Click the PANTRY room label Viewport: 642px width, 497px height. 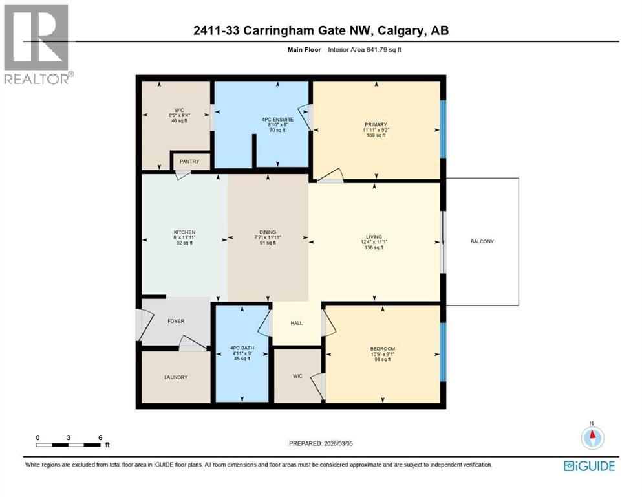tap(189, 161)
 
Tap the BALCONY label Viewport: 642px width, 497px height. tap(482, 241)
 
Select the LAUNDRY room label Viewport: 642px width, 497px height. tap(176, 377)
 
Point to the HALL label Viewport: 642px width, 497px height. tap(297, 323)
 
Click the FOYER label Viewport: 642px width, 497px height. tap(176, 321)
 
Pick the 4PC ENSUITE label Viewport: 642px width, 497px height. tap(277, 120)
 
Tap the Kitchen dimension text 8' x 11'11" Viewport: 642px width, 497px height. tap(185, 237)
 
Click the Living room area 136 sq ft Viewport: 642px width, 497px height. tap(374, 247)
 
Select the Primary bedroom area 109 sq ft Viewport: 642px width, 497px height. tap(376, 135)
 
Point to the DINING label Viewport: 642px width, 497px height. tap(268, 232)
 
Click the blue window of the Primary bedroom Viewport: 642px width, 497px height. tap(443, 129)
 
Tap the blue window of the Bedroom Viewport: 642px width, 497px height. tap(443, 352)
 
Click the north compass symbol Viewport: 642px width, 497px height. tap(592, 436)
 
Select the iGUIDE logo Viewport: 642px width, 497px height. tap(589, 466)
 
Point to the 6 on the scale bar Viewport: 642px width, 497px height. tap(100, 437)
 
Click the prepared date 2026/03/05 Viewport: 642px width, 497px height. tap(338, 443)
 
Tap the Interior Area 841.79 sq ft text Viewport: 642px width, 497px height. tap(365, 50)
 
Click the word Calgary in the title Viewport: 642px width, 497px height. tap(401, 30)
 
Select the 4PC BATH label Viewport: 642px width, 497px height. tap(242, 348)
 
